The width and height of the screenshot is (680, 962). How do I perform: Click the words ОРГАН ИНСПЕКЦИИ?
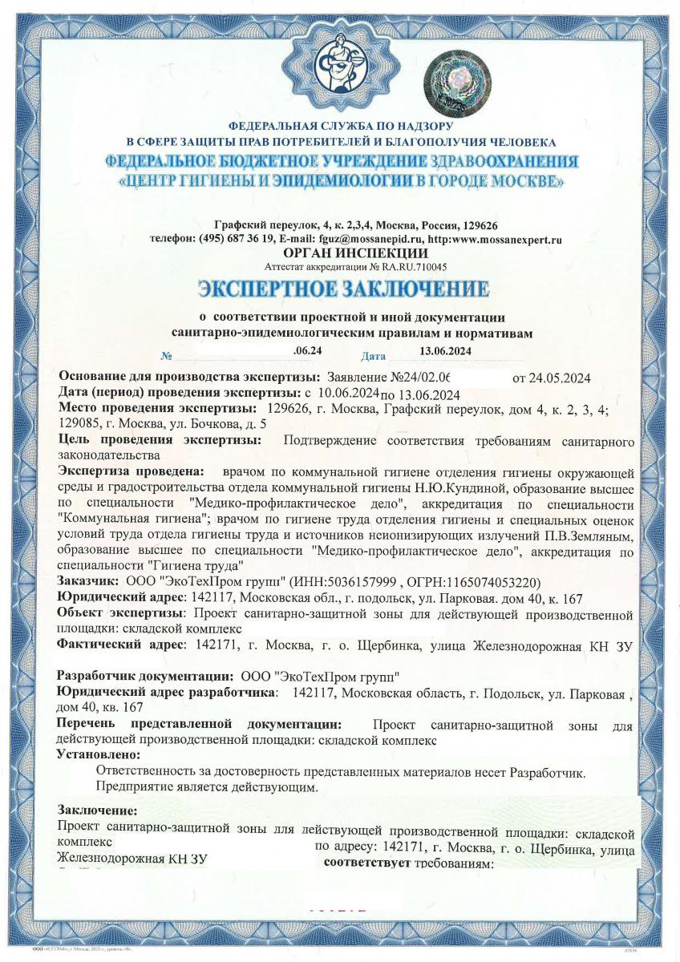tap(340, 253)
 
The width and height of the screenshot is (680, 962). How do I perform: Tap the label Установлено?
tap(99, 754)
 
